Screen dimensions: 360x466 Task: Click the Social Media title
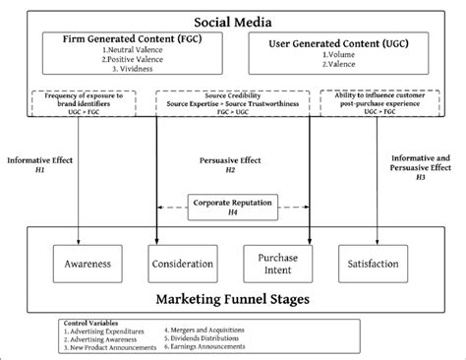[232, 20]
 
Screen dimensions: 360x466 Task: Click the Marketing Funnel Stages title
[232, 299]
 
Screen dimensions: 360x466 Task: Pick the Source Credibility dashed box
[232, 102]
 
